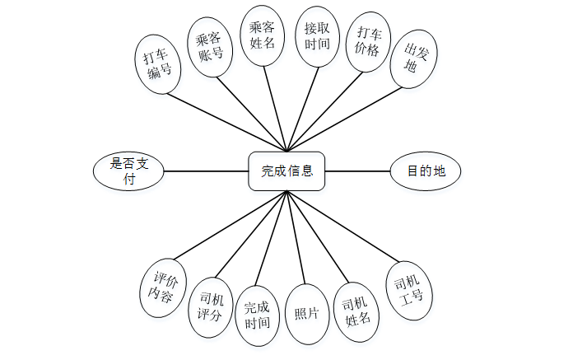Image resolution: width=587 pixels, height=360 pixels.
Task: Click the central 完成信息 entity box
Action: [x=287, y=171]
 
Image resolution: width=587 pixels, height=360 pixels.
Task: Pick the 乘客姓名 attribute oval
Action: [x=263, y=35]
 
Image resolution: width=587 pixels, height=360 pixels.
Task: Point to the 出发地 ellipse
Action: [x=412, y=59]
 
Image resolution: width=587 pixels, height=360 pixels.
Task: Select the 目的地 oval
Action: [x=426, y=171]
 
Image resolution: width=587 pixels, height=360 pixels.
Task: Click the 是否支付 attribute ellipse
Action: [x=128, y=171]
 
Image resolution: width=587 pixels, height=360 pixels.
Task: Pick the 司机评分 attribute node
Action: [x=212, y=306]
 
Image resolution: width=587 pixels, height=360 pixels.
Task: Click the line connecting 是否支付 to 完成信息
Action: [x=206, y=171]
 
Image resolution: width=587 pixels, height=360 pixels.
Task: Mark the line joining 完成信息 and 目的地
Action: [x=357, y=171]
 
